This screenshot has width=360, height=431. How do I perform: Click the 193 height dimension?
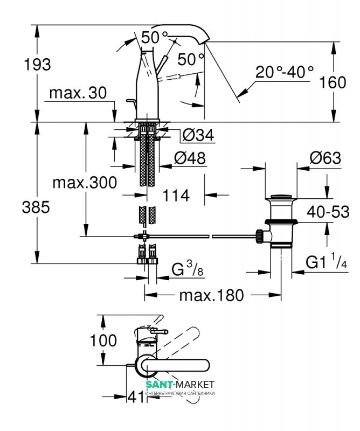coord(37,65)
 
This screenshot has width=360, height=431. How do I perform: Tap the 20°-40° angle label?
coord(284,72)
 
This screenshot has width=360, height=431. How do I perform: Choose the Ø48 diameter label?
coord(190,158)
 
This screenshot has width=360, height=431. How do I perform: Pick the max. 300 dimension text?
coord(85,183)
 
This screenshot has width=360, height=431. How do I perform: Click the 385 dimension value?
coord(37,206)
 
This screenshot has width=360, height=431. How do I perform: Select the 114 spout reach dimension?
coord(176,196)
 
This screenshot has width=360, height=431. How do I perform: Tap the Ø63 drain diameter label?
coord(326,158)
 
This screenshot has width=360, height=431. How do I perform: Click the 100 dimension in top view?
coord(104,340)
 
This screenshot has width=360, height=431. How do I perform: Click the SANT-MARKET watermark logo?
coord(180,384)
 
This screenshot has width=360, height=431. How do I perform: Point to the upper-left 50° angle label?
coord(154,37)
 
